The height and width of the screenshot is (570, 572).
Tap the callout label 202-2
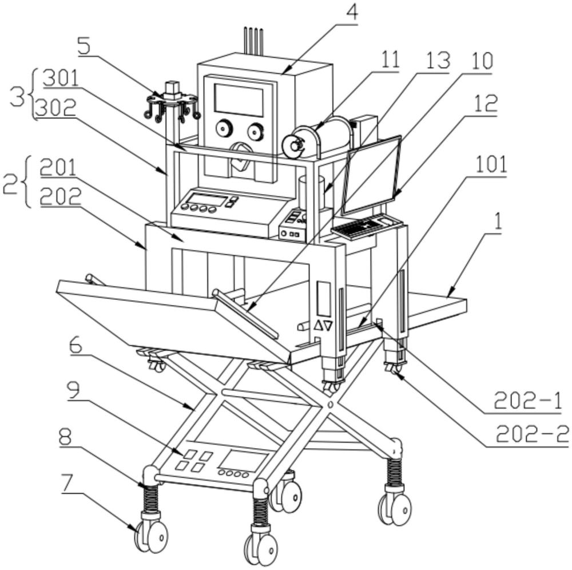point(531,436)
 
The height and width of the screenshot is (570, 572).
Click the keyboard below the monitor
point(362,227)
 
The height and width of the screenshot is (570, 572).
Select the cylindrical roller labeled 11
point(320,138)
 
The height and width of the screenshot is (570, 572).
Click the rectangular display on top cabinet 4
point(239,100)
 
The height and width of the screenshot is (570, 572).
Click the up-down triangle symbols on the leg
point(323,326)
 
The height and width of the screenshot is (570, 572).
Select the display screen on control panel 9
point(244,461)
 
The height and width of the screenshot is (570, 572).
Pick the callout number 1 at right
point(497,221)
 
